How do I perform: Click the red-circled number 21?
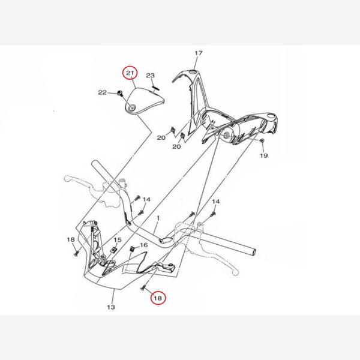point(130,73)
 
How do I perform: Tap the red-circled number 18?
point(158,298)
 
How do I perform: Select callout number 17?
point(199,53)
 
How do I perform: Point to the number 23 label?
point(151,76)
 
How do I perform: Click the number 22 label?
point(103,92)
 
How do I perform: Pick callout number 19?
point(264,155)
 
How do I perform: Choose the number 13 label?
point(111,307)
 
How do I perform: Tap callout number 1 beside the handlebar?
point(158,218)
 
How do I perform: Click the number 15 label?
point(118,240)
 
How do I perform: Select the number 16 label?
point(144,245)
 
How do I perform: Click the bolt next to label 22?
point(119,93)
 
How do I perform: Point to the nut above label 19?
point(262,140)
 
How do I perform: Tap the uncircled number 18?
point(71,239)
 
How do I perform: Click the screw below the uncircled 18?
point(76,253)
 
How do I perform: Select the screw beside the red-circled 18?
point(143,287)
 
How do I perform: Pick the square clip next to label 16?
point(132,248)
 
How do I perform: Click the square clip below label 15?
point(113,250)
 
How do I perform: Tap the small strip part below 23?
point(156,88)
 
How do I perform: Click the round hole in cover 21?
point(132,107)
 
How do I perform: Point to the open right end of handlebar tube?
point(254,252)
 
